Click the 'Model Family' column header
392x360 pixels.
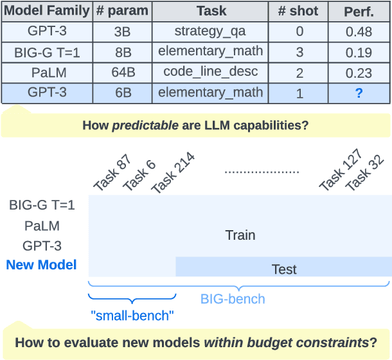[46, 12]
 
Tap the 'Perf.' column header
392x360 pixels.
[359, 12]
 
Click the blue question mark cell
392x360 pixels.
[359, 93]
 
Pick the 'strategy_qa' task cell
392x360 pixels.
[211, 31]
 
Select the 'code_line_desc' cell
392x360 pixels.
[211, 72]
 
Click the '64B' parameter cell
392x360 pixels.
[123, 72]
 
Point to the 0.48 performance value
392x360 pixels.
[359, 31]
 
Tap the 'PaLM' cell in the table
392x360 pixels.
[46, 72]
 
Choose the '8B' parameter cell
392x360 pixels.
[123, 51]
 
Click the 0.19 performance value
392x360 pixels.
[359, 51]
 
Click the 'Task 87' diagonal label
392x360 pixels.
[111, 173]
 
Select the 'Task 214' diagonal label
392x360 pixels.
[172, 173]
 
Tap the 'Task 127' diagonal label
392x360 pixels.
[341, 170]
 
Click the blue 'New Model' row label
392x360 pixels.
[41, 265]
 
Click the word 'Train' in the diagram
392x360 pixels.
[240, 235]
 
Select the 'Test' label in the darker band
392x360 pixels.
[284, 269]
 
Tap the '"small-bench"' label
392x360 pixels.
[132, 316]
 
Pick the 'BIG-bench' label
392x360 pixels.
[233, 299]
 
